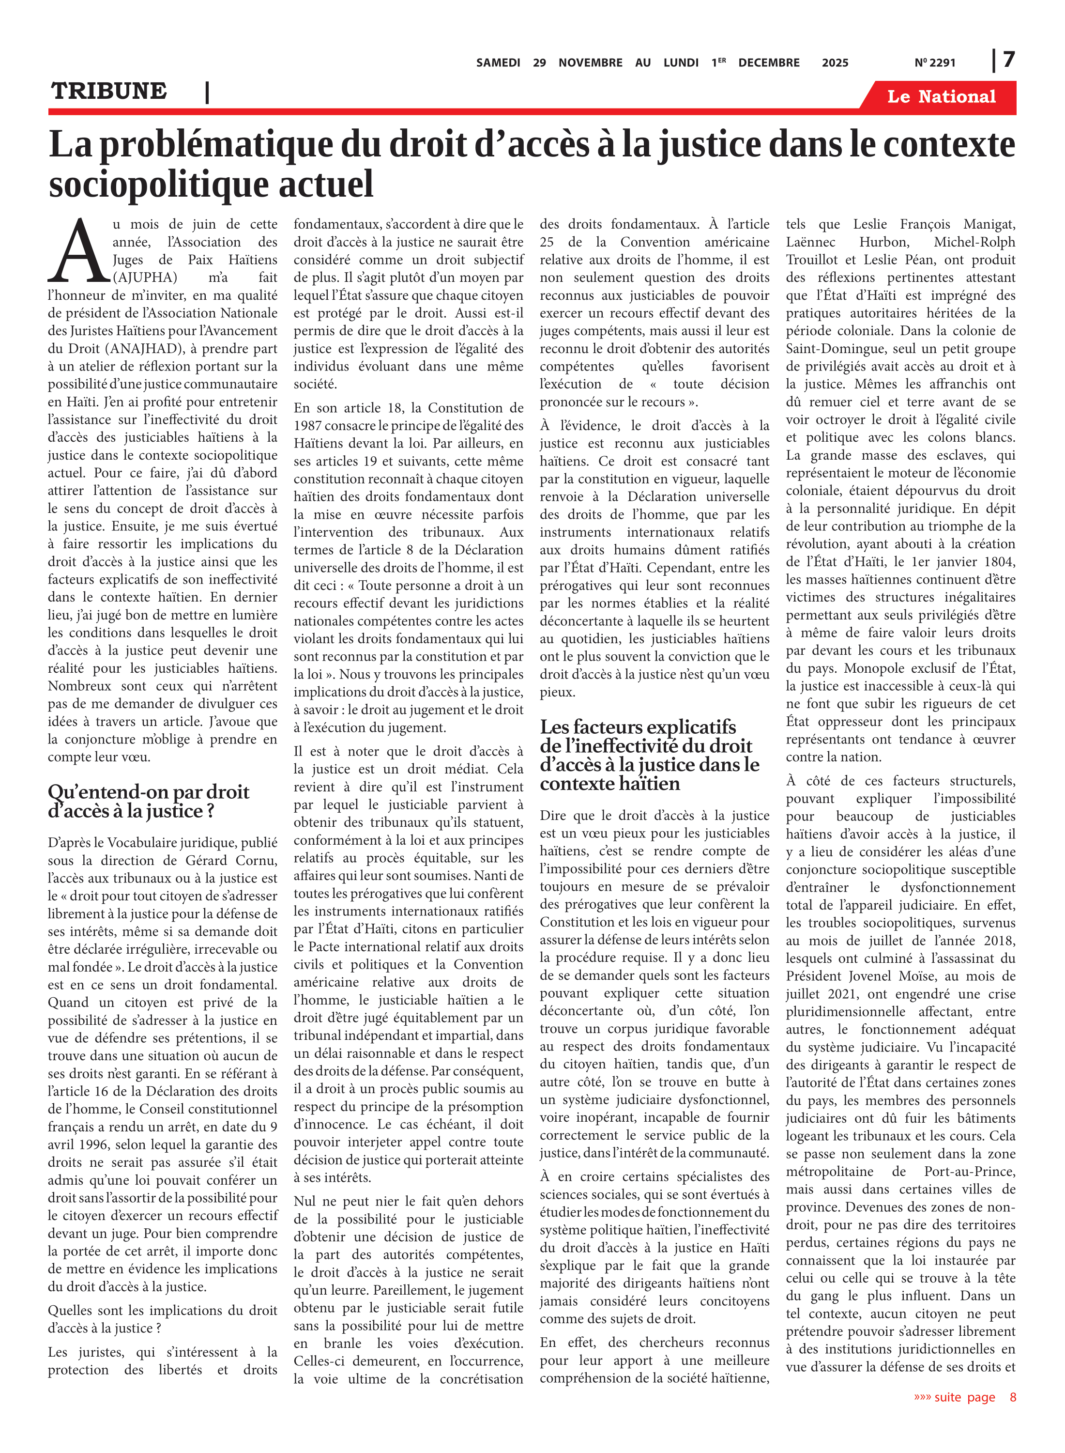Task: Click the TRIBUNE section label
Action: point(109,92)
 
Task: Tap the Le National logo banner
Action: point(941,97)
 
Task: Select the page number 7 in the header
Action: point(1009,60)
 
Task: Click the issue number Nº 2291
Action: point(935,63)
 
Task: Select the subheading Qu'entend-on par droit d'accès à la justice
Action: point(148,801)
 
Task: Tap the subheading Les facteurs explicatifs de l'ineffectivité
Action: point(649,755)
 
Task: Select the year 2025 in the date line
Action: point(835,63)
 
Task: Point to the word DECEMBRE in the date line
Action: point(768,63)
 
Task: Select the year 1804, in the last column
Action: point(997,562)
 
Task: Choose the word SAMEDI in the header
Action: point(498,63)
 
